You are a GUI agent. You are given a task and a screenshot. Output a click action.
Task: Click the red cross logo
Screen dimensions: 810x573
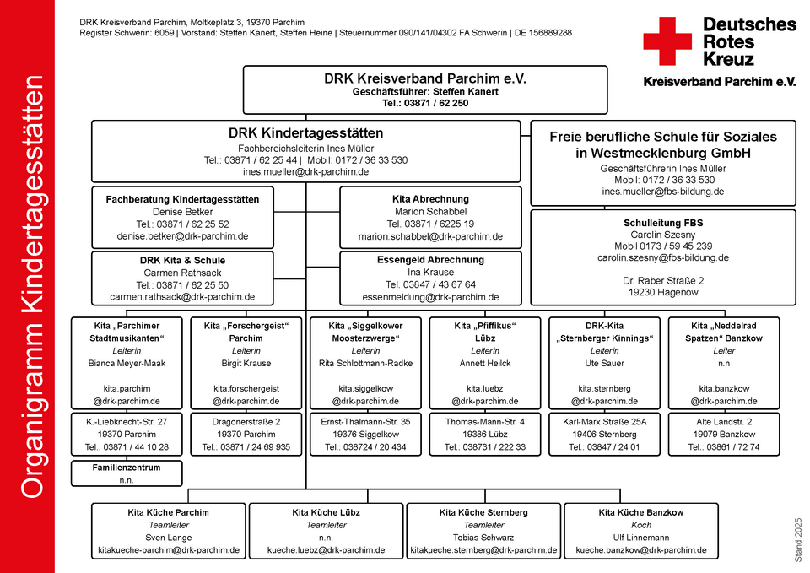(667, 41)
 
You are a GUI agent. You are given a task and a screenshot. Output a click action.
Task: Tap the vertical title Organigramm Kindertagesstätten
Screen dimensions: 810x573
(33, 287)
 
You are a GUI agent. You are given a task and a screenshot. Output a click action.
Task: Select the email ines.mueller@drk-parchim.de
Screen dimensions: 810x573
(305, 172)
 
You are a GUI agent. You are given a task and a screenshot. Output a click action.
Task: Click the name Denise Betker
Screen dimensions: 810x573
(182, 212)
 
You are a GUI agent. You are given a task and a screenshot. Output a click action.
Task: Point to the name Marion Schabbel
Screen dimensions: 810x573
(430, 211)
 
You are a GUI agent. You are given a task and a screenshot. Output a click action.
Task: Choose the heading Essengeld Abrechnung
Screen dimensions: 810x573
(430, 260)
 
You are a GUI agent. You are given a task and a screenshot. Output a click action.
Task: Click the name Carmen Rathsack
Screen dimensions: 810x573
(182, 273)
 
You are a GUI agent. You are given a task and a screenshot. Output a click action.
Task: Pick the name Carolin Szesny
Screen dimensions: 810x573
(663, 235)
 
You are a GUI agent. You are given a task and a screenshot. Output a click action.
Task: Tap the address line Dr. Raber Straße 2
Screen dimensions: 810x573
(663, 280)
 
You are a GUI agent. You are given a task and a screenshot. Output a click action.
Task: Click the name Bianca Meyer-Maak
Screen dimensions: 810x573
(127, 363)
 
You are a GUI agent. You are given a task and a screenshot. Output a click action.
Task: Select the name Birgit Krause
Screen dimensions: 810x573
(246, 363)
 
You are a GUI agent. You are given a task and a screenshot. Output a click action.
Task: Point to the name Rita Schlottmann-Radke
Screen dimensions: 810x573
(365, 363)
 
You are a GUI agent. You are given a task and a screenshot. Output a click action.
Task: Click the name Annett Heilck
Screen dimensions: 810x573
(485, 363)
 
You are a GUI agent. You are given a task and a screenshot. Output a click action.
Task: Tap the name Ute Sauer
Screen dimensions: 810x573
(604, 363)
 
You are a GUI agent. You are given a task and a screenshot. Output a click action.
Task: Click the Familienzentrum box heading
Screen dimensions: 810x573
(127, 468)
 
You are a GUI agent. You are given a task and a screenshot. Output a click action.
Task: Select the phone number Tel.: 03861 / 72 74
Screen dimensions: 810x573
(724, 447)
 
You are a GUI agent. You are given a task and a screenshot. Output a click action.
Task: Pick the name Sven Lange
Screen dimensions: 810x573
(169, 538)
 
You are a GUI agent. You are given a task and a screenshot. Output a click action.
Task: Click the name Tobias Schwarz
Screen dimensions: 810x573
(483, 538)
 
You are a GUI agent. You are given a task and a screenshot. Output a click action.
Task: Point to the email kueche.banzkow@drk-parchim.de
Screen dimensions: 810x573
(641, 550)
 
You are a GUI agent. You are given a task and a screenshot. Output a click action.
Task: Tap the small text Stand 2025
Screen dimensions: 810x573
(799, 540)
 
